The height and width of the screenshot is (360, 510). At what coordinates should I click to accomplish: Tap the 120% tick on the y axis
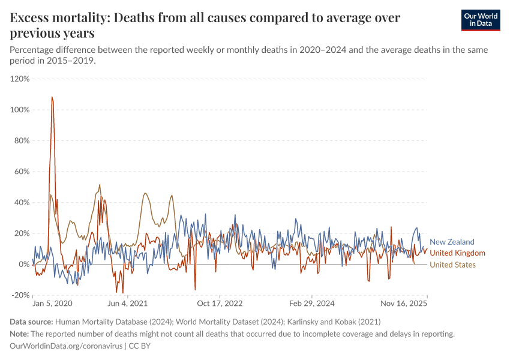tap(20, 79)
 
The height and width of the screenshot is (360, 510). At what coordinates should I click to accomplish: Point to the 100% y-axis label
tap(20, 110)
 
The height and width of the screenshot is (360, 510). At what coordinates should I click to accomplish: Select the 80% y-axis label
tap(22, 140)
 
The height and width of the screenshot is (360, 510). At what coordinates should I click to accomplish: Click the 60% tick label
tap(22, 172)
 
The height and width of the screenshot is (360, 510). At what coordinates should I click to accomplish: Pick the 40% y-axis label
tap(22, 202)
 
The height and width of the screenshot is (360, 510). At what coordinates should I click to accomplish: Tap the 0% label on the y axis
tap(24, 264)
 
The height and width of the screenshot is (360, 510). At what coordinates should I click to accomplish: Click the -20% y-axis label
tap(20, 295)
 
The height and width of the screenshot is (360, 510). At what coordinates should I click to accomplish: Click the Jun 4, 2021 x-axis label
tap(127, 304)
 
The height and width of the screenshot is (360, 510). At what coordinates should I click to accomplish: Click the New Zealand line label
tap(452, 242)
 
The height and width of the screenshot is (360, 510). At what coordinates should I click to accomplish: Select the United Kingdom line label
tap(457, 253)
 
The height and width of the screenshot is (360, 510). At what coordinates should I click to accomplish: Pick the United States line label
tap(452, 265)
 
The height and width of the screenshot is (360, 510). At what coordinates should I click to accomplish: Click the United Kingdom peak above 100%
tap(52, 97)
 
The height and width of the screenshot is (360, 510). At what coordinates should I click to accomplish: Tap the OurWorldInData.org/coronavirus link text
tap(66, 346)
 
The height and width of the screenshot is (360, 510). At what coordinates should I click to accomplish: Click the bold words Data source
tap(32, 322)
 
